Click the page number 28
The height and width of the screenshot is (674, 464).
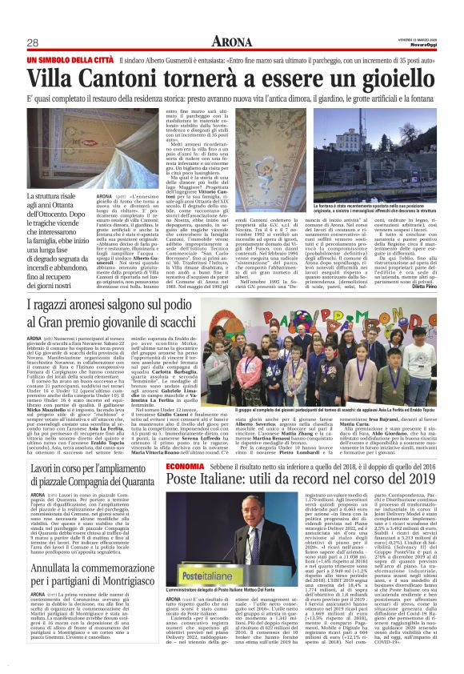(34, 43)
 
